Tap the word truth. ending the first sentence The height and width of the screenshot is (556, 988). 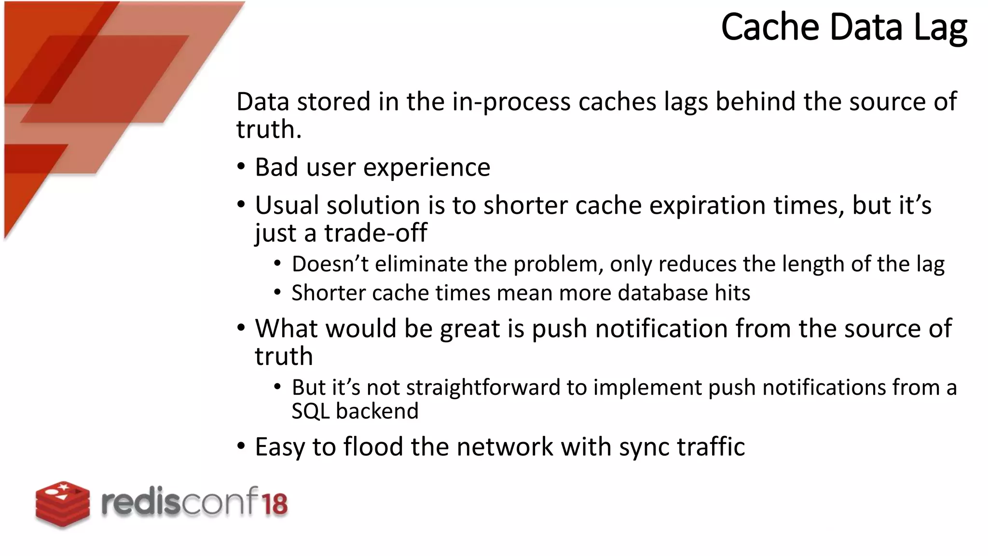[269, 129]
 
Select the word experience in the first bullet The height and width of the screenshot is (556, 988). [426, 167]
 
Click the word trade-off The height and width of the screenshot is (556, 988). [375, 233]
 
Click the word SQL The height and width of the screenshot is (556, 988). [310, 411]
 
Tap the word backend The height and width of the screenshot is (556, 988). [377, 411]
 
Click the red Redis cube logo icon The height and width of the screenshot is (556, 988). [63, 504]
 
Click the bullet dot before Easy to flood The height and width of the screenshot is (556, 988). [241, 446]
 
